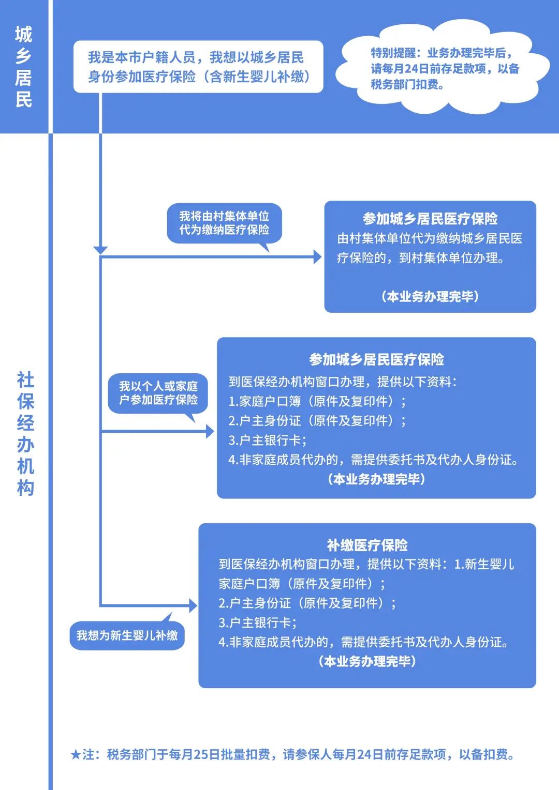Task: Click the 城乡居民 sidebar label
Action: pos(24,67)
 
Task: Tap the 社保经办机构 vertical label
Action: pos(25,434)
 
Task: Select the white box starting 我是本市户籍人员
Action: pos(198,67)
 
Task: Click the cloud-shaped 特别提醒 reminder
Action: pos(443,68)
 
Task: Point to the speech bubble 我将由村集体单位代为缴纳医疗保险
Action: pos(224,223)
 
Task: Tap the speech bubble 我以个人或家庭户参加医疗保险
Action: pos(158,393)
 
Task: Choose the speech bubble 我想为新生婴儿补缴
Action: pos(127,635)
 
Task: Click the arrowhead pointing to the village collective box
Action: pos(317,257)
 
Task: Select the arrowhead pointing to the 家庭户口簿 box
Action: pos(210,431)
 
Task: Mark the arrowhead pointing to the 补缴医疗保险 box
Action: pos(193,605)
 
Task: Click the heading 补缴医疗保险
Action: pos(367,545)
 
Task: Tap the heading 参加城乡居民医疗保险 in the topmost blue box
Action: pos(430,219)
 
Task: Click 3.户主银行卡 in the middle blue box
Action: pos(268,440)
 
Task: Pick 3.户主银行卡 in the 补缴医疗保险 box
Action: pos(258,622)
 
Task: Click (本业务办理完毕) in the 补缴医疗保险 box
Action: pos(367,661)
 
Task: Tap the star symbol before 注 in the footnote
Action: pos(76,755)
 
